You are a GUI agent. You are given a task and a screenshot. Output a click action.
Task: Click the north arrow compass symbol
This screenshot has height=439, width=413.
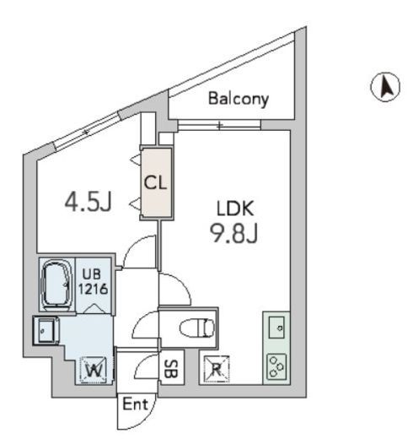[x=385, y=87]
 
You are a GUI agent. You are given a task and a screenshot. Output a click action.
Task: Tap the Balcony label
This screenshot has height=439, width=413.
[x=239, y=99]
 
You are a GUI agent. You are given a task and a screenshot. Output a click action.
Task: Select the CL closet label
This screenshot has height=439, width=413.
[x=155, y=183]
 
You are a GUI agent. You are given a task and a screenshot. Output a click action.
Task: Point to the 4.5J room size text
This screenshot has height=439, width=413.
[x=88, y=201]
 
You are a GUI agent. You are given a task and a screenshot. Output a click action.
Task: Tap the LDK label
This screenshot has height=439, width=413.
[x=235, y=209]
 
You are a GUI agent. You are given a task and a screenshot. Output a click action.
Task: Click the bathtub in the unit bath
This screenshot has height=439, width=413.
[x=56, y=285]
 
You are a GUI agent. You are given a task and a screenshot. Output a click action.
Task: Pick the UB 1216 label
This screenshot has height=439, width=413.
[x=93, y=282]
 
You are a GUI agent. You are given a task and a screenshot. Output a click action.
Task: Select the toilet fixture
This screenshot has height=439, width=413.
[x=197, y=328]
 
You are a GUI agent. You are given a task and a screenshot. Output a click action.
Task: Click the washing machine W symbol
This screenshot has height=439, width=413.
[x=94, y=370]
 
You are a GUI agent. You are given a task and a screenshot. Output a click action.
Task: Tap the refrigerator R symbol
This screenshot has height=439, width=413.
[x=217, y=369]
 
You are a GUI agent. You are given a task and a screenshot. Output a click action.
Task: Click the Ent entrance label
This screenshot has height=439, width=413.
[x=136, y=404]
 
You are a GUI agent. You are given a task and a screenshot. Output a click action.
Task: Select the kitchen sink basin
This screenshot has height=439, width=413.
[x=276, y=328]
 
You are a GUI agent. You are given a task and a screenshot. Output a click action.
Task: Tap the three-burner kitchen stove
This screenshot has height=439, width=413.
[x=276, y=366]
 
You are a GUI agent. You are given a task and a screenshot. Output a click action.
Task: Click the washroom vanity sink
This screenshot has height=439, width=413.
[x=46, y=331]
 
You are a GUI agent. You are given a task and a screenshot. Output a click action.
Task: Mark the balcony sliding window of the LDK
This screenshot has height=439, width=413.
[x=219, y=125]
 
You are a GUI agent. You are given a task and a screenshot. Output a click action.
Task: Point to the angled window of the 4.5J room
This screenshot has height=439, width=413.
[x=87, y=132]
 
